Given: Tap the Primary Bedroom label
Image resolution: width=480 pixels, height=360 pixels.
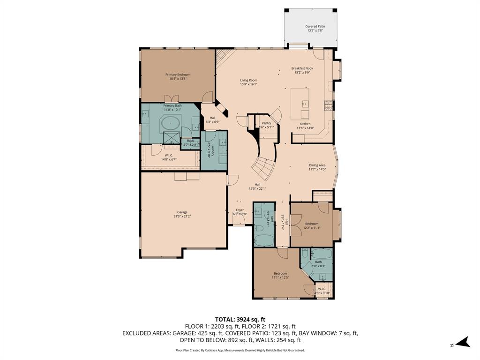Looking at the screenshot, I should [x=178, y=75].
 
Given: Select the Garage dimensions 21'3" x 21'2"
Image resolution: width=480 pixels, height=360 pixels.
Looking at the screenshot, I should [x=182, y=216].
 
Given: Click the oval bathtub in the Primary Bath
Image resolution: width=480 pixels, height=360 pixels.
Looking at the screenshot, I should [x=170, y=124].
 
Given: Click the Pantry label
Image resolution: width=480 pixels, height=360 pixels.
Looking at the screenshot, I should [x=266, y=123].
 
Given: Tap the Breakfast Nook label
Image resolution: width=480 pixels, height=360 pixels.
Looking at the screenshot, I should [x=302, y=68].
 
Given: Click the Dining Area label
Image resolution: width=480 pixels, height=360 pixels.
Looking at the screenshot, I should [x=317, y=165].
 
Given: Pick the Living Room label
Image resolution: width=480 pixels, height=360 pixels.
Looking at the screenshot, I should [x=248, y=80].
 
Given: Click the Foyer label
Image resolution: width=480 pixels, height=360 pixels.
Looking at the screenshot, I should [x=240, y=210].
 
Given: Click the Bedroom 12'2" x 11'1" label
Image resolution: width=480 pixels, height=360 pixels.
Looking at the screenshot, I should [x=312, y=224].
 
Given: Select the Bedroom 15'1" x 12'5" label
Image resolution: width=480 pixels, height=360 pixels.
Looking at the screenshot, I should [x=280, y=273].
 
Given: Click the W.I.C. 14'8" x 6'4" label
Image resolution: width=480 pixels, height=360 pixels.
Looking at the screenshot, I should [x=169, y=155].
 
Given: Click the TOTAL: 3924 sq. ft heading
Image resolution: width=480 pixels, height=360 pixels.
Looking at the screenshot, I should [x=240, y=319].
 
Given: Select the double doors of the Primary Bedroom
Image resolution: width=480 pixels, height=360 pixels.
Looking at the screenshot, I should [x=173, y=98].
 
